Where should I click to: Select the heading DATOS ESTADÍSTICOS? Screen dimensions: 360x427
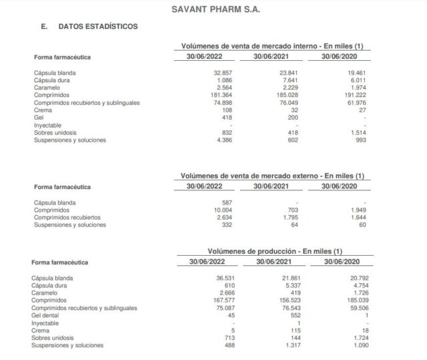[x=98, y=27]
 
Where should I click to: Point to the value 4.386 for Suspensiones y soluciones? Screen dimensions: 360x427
[x=223, y=140]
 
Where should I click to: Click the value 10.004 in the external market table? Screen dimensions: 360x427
[x=221, y=210]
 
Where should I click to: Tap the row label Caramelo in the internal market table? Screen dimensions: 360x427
[x=47, y=87]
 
